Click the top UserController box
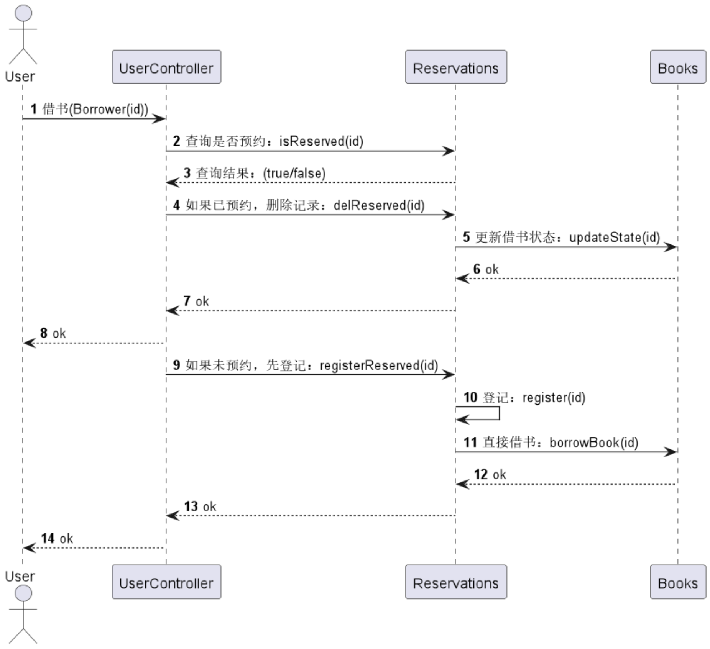pos(166,67)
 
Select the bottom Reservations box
pos(456,582)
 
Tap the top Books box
pos(678,67)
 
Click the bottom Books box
pos(678,582)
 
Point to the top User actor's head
pos(23,13)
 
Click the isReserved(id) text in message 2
pos(321,141)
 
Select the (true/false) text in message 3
pos(294,173)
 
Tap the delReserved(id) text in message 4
pos(379,205)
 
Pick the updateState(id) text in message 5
pos(615,238)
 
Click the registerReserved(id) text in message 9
pos(379,365)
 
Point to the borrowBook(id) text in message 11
pos(594,442)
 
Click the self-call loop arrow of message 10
pos(499,413)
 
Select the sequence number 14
pos(48,539)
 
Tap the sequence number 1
pos(34,109)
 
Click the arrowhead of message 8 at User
pos(29,343)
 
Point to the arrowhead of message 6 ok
pos(462,279)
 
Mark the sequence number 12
pos(481,475)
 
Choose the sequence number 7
pos(187,301)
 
